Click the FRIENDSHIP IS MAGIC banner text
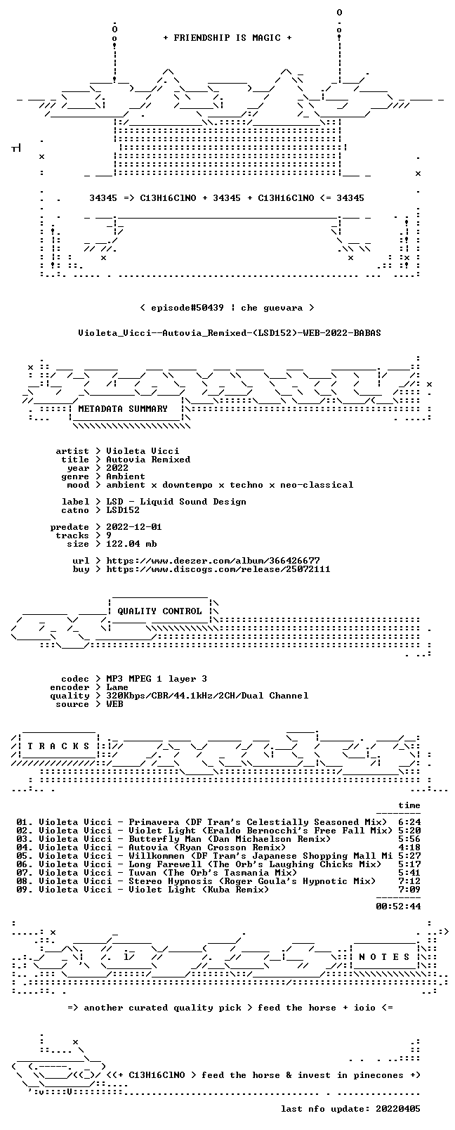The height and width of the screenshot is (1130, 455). coord(227,38)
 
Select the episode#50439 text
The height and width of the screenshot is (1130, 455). coord(187,308)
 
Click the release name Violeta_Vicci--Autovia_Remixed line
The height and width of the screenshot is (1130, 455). coord(230,333)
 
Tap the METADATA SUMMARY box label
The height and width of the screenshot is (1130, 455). coord(123,408)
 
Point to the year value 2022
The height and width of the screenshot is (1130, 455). coord(117,467)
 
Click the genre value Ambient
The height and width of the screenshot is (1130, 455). coord(126,476)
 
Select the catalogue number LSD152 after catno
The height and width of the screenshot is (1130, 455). coord(122,510)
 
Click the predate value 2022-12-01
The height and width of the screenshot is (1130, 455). coord(134,526)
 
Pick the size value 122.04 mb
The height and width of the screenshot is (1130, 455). coord(131,544)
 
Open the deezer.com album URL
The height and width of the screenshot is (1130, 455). coord(213,561)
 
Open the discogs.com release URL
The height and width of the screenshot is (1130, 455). coord(218,569)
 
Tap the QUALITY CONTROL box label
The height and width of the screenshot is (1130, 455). coord(159,611)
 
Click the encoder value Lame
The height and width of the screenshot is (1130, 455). coord(117,687)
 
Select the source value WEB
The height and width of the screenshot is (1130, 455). coord(114,704)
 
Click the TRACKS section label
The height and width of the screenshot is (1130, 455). coord(58,746)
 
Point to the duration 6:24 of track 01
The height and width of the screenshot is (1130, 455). coord(409,821)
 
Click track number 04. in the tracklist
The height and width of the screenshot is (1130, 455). coord(24,848)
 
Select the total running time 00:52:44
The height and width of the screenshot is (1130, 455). coord(398,906)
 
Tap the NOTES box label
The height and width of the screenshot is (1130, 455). coord(384,957)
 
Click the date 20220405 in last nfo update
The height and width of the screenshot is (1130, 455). coord(398,1108)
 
